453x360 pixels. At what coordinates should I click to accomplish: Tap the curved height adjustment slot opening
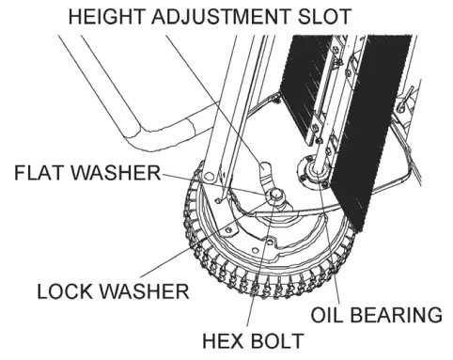(263, 170)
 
